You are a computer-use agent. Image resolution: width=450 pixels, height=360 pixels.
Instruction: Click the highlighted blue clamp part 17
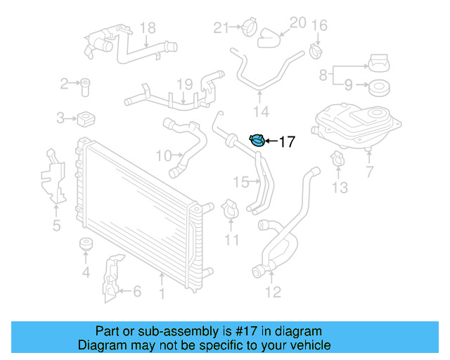pyautogui.click(x=258, y=141)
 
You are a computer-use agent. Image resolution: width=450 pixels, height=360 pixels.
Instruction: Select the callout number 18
pyautogui.click(x=147, y=28)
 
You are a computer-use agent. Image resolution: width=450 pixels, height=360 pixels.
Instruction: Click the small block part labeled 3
pyautogui.click(x=86, y=117)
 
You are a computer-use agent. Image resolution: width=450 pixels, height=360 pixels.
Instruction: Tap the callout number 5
pyautogui.click(x=56, y=226)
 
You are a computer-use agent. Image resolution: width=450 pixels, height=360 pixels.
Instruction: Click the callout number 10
pyautogui.click(x=164, y=155)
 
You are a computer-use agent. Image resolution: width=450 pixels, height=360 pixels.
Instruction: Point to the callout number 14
pyautogui.click(x=261, y=111)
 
